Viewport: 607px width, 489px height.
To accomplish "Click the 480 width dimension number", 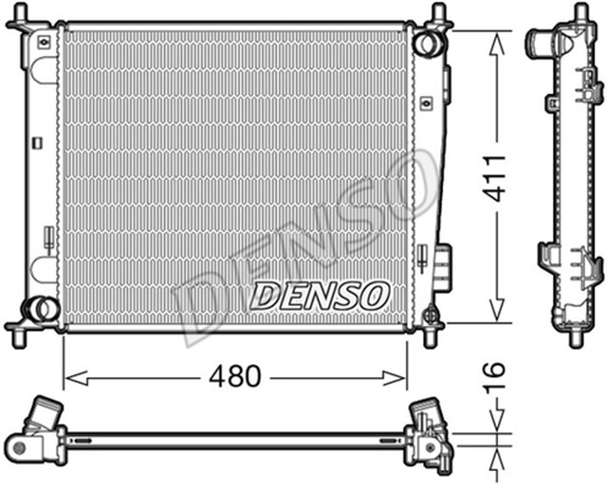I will [x=234, y=376].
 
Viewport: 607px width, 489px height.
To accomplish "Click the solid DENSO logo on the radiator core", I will [x=319, y=295].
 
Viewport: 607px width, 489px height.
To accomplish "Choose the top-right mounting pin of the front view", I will [x=438, y=14].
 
